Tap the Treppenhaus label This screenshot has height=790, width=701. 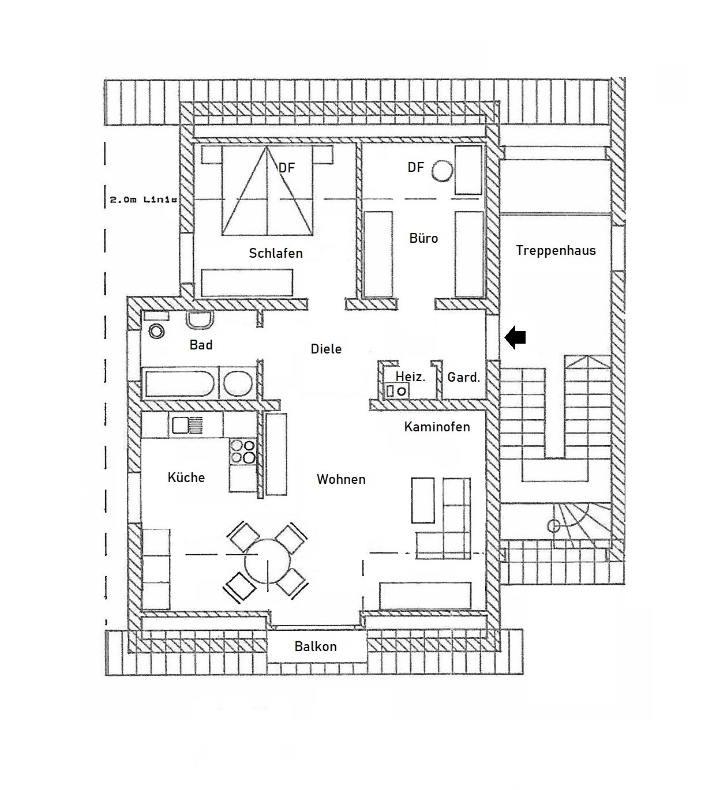click(x=556, y=250)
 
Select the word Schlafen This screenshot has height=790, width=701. click(x=276, y=253)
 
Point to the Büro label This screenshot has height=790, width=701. click(x=423, y=238)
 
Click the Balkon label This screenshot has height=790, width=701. click(x=316, y=646)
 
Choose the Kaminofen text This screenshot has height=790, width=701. click(x=437, y=427)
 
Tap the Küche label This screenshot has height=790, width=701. click(x=186, y=477)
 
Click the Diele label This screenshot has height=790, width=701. click(x=326, y=349)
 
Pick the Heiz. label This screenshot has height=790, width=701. click(x=410, y=377)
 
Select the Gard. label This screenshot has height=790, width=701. click(x=464, y=377)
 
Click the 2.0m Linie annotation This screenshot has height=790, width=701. click(x=143, y=200)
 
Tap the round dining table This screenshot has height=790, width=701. click(x=268, y=561)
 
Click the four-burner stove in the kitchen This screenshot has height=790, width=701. click(x=243, y=451)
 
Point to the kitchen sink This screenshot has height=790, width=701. click(x=188, y=425)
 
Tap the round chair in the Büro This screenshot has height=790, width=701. click(x=443, y=171)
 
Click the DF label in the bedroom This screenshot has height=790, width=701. click(x=286, y=168)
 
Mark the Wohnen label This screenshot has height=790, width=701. click(x=341, y=479)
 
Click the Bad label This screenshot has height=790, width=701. click(x=201, y=345)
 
